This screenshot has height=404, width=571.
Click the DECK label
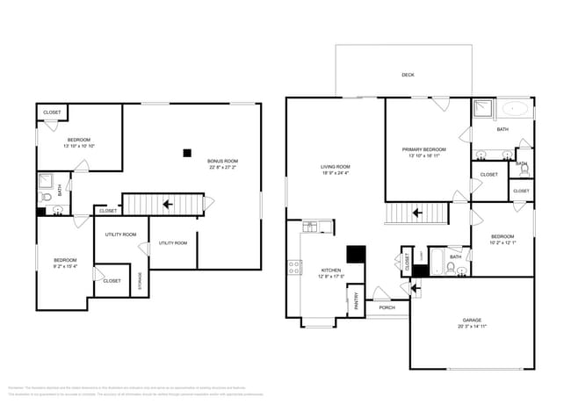408,76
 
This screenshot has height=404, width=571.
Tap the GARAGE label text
472,320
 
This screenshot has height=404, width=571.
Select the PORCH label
387,307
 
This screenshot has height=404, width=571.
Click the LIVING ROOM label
335,167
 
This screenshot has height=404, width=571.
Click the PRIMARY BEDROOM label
424,149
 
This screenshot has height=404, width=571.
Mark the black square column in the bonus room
187,153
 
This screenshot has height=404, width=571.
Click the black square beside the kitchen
355,255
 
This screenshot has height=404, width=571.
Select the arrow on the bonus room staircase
167,205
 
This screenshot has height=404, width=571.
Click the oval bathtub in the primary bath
516,111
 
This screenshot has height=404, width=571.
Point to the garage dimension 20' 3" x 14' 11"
472,327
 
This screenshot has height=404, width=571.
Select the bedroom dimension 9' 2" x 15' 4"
65,266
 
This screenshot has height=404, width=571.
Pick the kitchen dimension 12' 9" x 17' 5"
330,277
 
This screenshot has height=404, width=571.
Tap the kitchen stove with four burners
294,267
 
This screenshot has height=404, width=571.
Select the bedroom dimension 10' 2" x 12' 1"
502,243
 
